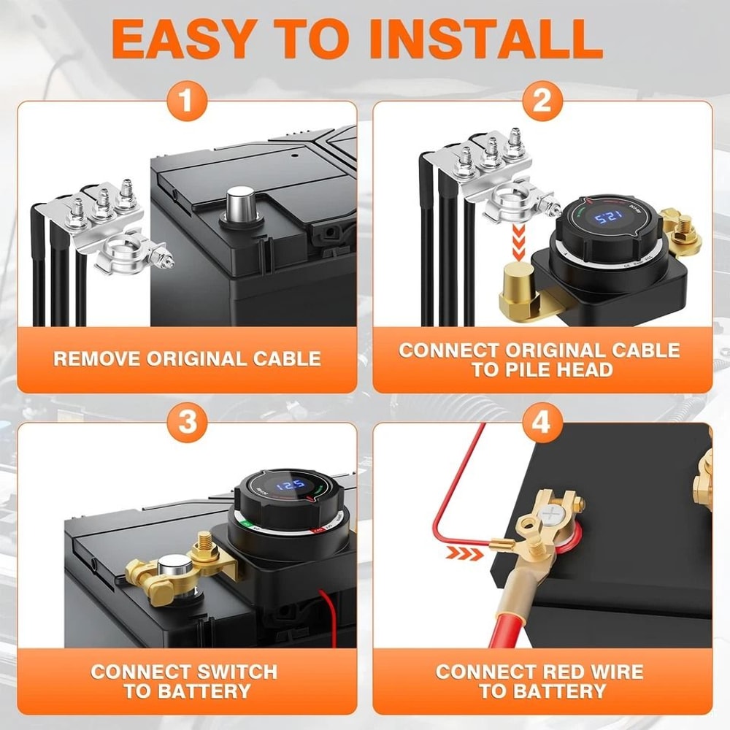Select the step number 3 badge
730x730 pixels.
coord(188,422)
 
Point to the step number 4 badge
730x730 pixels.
coord(542,422)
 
